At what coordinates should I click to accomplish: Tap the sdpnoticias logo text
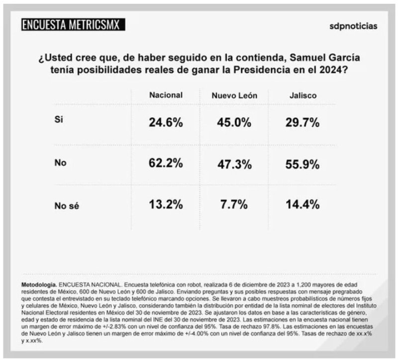[x=354, y=25]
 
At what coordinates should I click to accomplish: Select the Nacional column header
[x=166, y=95]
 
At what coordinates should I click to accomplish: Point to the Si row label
[x=58, y=119]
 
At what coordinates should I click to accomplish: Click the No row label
[x=59, y=162]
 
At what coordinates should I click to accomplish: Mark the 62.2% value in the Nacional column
[x=166, y=164]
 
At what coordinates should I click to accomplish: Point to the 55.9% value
[x=302, y=164]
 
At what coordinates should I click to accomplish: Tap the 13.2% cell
[x=166, y=204]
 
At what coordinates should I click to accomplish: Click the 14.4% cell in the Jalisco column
[x=302, y=204]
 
